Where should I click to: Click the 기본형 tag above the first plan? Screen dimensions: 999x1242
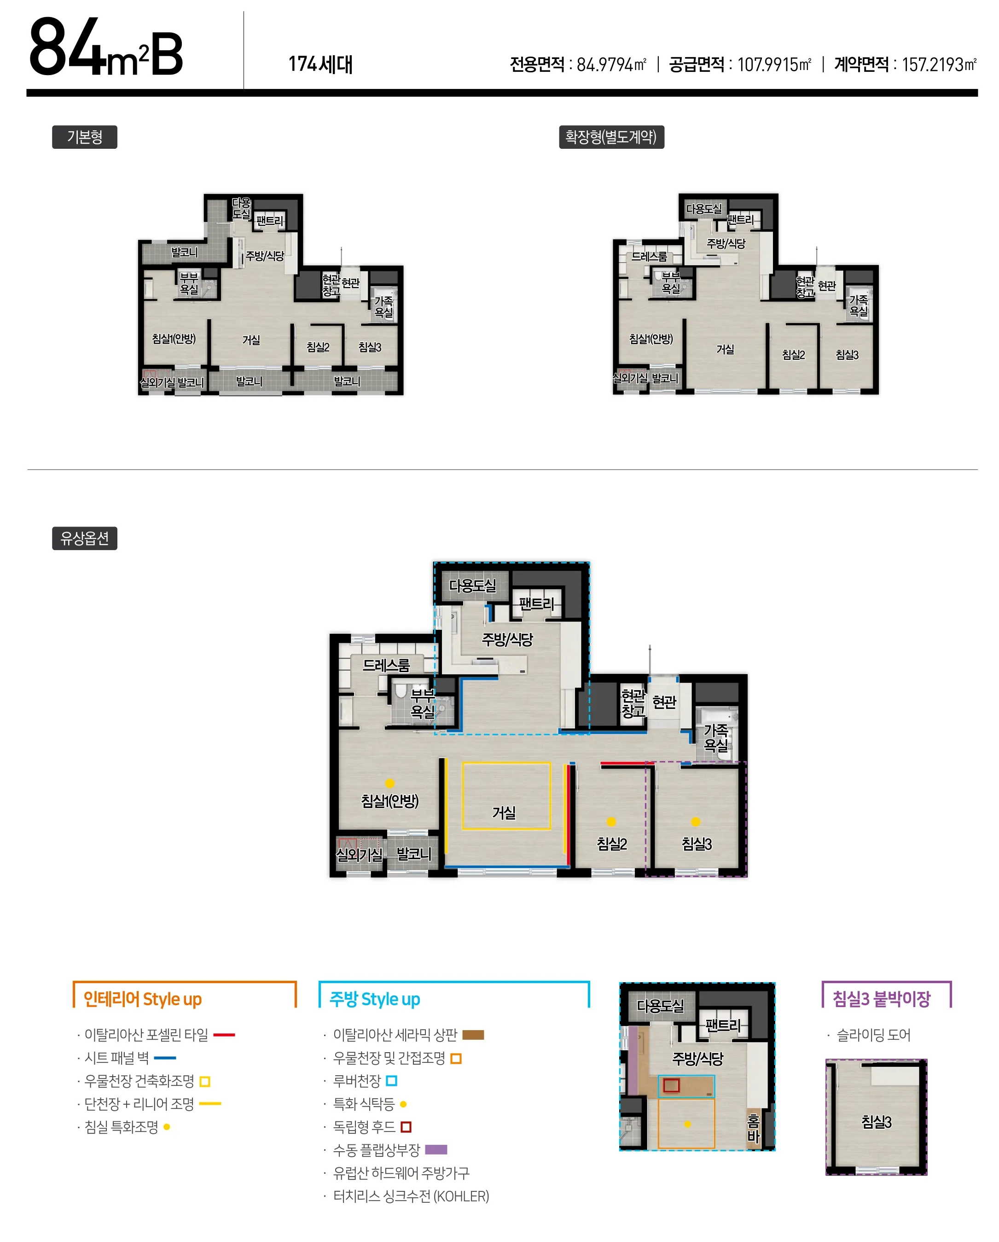point(85,137)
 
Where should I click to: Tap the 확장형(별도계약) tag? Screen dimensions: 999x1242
point(611,137)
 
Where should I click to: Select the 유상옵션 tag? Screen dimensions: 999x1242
point(85,538)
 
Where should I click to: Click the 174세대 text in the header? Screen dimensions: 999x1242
point(320,64)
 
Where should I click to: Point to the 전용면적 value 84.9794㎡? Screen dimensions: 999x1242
point(611,64)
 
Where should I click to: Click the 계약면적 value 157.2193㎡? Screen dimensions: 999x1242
point(939,64)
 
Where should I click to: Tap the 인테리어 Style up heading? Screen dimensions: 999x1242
point(143,999)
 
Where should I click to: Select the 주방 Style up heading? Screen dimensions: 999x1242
point(375,999)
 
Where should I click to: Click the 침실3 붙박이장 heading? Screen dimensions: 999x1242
point(882,999)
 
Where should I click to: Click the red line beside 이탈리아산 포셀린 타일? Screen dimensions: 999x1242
point(224,1035)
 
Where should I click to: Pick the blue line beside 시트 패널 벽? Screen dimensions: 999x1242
point(165,1058)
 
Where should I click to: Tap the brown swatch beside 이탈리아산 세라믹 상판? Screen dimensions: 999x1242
point(473,1035)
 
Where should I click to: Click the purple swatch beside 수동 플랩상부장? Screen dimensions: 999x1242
point(436,1150)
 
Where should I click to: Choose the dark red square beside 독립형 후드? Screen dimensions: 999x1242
point(406,1127)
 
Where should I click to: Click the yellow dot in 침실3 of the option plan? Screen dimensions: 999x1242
point(696,821)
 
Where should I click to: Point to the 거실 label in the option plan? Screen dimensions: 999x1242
point(504,813)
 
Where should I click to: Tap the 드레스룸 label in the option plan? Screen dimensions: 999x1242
point(386,665)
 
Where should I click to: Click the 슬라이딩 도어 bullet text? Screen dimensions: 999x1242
point(873,1035)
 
